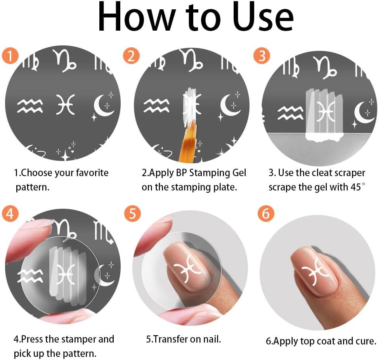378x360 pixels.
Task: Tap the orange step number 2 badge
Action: tap(131, 56)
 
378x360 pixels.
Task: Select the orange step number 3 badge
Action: tap(262, 56)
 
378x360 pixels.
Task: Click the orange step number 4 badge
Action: tap(10, 214)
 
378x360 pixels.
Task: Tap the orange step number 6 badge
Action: tap(266, 214)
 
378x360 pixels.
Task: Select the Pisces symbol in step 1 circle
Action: tap(65, 105)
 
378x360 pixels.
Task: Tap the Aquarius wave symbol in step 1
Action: tap(29, 105)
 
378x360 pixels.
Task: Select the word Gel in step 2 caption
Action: tap(238, 173)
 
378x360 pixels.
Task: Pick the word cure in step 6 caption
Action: tap(366, 341)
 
